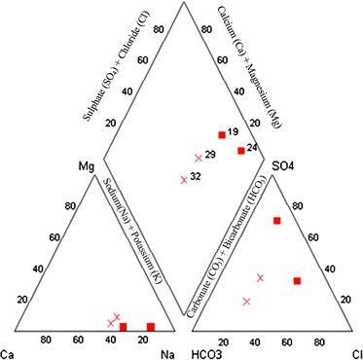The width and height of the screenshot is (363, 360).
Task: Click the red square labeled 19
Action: tap(222, 134)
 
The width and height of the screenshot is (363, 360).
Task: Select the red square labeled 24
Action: tap(240, 150)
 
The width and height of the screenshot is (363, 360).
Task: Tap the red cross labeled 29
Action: tap(199, 157)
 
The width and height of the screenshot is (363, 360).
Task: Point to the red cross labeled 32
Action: tap(183, 178)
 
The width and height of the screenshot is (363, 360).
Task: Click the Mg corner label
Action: tap(86, 165)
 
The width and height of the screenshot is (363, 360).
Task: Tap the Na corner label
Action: tap(166, 352)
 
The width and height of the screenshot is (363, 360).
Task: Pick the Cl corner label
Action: tap(356, 352)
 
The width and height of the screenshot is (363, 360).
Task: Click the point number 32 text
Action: tap(196, 176)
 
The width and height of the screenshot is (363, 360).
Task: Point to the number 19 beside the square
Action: tap(234, 131)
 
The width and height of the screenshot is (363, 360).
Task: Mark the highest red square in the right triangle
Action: tap(277, 221)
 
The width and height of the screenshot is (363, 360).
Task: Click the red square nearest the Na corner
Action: tap(151, 326)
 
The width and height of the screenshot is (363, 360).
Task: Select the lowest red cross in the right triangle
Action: tap(246, 302)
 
